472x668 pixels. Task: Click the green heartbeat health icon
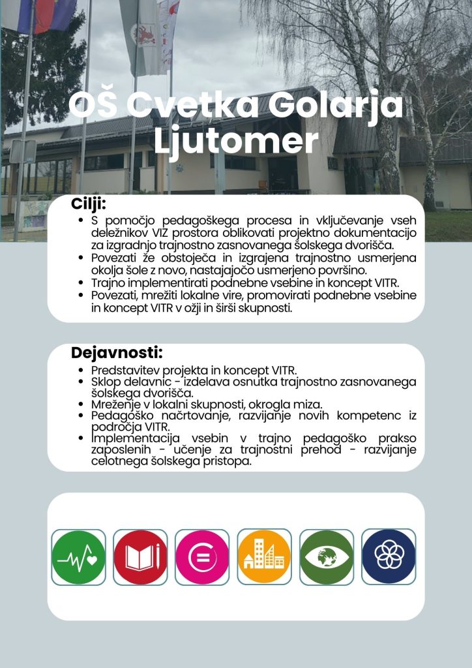(78, 557)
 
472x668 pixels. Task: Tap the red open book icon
(140, 557)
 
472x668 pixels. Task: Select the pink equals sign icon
(202, 557)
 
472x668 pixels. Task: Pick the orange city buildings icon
(264, 557)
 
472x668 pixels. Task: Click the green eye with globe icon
(327, 557)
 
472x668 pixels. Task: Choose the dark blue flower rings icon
(389, 556)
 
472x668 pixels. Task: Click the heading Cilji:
(89, 204)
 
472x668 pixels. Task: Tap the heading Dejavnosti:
(117, 353)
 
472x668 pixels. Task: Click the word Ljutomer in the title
(236, 141)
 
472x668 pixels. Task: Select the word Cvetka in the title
(193, 105)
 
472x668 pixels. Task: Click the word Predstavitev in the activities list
(126, 371)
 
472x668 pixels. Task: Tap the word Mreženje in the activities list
(112, 404)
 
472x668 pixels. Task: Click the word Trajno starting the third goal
(108, 283)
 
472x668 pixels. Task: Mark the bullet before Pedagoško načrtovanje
(81, 416)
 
